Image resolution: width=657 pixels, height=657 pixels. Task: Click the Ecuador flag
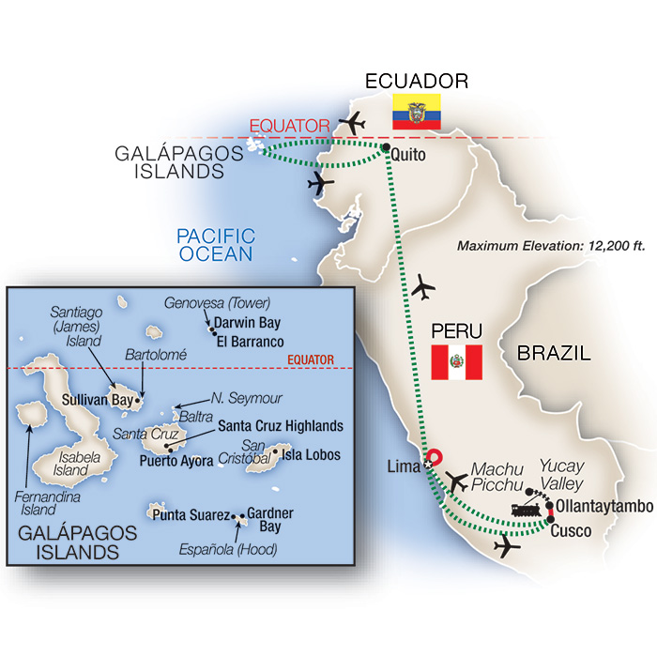pyautogui.click(x=410, y=111)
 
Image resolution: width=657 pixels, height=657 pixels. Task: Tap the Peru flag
pyautogui.click(x=456, y=362)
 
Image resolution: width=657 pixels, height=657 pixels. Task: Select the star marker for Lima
pyautogui.click(x=430, y=463)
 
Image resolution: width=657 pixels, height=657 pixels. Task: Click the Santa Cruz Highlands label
pyautogui.click(x=280, y=425)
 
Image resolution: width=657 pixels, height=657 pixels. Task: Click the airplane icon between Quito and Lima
pyautogui.click(x=425, y=284)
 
